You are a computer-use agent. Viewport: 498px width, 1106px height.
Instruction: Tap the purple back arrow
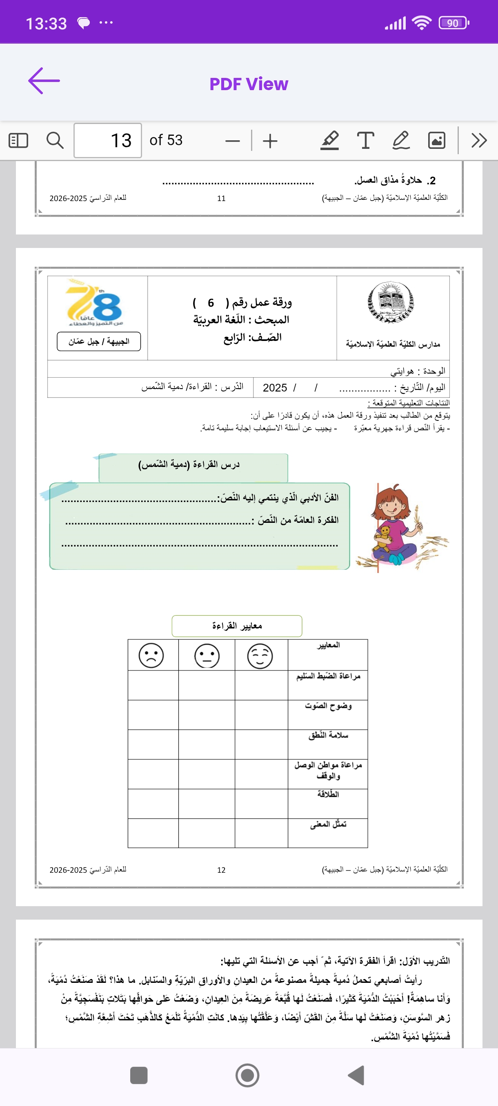44,81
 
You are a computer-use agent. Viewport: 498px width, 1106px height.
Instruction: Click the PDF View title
249,84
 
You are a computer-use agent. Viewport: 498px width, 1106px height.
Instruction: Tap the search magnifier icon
55,140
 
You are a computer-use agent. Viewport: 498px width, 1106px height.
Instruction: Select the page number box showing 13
108,140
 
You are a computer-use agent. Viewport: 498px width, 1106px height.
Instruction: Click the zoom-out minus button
232,141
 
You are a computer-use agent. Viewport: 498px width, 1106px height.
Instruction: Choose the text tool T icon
365,140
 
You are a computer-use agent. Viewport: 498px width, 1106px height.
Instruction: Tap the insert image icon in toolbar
436,140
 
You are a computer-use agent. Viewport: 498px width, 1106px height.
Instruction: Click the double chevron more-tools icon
479,140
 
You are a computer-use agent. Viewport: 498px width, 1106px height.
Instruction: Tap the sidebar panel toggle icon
18,140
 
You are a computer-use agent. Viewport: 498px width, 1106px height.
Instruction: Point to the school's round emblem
391,302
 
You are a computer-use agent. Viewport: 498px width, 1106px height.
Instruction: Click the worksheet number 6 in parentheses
211,303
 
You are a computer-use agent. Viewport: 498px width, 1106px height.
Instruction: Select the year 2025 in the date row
275,388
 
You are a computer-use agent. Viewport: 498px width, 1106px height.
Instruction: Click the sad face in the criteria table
151,656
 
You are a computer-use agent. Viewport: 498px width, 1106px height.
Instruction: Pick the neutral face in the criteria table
207,656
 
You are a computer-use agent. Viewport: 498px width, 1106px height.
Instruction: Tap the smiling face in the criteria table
260,656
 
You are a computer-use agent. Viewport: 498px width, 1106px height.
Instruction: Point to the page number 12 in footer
221,870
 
